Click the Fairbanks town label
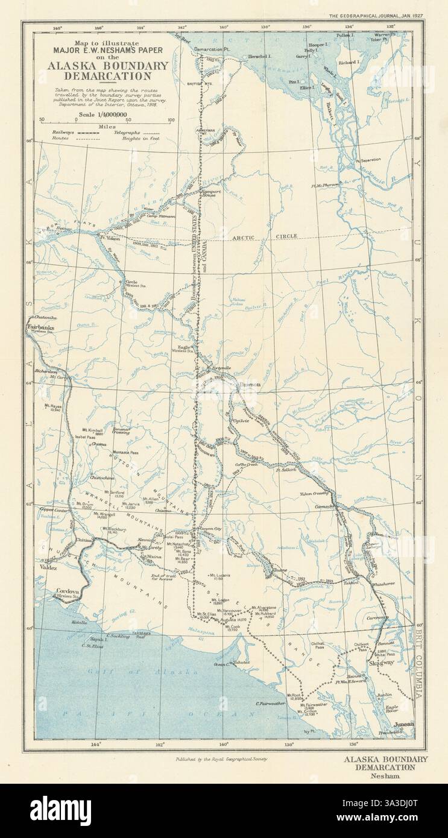point(37,327)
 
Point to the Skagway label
point(379,662)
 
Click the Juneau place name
point(405,725)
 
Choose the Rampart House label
point(211,193)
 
